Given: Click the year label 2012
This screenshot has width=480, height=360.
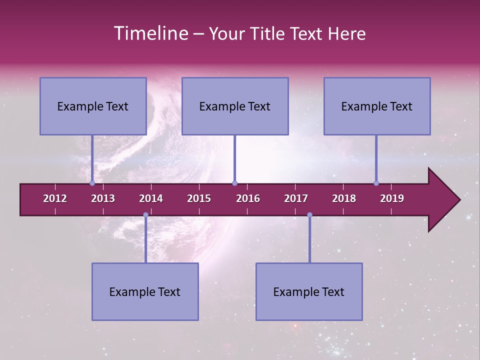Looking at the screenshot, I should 55,198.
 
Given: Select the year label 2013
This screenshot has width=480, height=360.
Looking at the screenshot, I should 103,198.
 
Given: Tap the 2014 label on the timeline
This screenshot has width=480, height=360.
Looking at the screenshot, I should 151,198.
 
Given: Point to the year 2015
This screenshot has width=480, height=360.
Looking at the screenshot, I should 199,198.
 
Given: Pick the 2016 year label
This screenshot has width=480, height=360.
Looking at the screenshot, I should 248,198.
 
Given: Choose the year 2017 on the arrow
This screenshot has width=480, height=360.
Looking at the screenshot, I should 296,198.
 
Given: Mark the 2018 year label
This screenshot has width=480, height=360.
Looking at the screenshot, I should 344,198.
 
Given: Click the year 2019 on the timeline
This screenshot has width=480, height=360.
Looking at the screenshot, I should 392,198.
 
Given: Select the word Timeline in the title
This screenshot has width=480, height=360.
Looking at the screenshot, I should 149,33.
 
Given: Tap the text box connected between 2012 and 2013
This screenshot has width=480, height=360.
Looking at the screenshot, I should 93,106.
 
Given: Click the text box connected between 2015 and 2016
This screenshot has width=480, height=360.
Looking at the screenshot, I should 235,106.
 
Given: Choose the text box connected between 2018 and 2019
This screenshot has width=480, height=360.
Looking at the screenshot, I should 377,106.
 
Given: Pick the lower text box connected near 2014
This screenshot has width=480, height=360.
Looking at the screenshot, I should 145,291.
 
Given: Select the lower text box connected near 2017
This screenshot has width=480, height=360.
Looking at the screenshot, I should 309,291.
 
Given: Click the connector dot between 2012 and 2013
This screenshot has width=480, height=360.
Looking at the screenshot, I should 92,183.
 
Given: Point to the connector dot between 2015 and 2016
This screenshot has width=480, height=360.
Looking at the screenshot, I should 234,183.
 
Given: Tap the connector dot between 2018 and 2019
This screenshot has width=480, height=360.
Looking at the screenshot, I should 376,183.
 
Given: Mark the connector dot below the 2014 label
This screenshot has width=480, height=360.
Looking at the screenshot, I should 145,214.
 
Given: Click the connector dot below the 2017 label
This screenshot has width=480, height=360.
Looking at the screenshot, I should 309,214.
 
